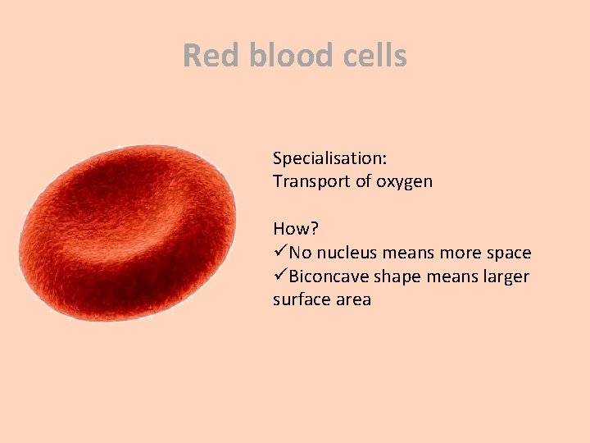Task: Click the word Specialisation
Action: [330, 158]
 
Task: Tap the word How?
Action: [294, 229]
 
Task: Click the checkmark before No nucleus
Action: [280, 253]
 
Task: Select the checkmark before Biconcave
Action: [280, 276]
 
